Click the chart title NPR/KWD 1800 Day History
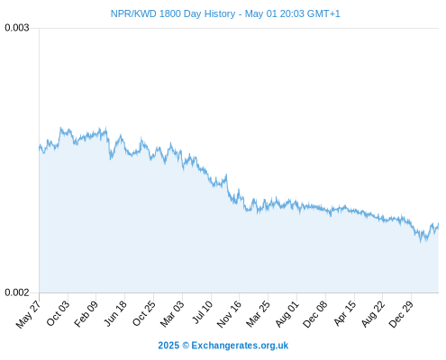tap(173, 13)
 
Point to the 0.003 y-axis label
tap(17, 28)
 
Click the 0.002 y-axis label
tap(17, 292)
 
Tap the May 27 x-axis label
tap(29, 314)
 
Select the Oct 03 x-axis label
tap(59, 313)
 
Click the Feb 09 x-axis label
tap(86, 314)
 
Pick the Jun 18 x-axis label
tap(115, 313)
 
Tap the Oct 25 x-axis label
tap(144, 313)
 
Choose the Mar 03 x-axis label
tap(172, 314)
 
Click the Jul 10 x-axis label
tap(203, 312)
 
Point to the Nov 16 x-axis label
tap(229, 314)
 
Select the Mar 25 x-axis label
tap(259, 314)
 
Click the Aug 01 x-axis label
tap(287, 314)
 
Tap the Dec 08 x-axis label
tap(315, 314)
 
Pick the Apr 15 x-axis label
tap(345, 313)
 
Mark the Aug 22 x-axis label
tap(373, 314)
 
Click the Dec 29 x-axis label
tap(401, 314)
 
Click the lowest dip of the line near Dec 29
tap(421, 242)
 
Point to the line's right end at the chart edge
tap(439, 224)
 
